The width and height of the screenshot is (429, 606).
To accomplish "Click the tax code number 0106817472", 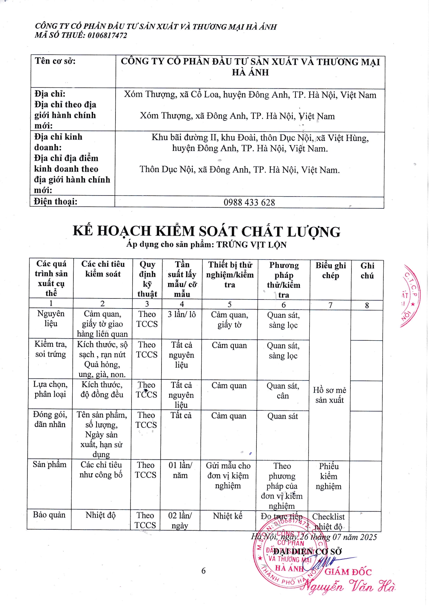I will (x=107, y=35).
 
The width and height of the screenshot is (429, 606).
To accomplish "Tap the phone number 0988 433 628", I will (x=249, y=202).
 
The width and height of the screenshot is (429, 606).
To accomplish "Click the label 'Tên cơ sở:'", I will (x=55, y=61).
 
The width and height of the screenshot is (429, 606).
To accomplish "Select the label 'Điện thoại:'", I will (x=56, y=201).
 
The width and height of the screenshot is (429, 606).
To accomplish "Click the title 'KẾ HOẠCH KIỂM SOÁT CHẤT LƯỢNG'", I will (x=207, y=231).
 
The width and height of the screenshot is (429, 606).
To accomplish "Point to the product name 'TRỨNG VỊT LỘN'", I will (x=252, y=245).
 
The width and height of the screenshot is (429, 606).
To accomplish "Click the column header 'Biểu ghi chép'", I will (x=330, y=271).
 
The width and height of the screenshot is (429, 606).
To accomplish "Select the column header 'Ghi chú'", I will (x=367, y=271).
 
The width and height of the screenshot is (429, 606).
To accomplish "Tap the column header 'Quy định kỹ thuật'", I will (x=147, y=279).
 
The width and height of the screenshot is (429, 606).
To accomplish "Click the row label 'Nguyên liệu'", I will (x=51, y=319).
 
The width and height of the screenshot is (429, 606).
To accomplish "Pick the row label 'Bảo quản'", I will (x=49, y=515).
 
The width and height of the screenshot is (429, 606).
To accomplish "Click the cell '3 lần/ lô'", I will (x=182, y=314).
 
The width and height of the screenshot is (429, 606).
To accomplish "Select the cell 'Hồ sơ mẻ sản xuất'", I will (x=329, y=395).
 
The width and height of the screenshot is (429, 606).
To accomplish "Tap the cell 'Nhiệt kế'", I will (x=228, y=516).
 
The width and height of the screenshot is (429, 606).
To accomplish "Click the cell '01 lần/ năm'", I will (x=180, y=470).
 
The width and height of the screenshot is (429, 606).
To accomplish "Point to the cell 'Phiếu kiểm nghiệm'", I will (x=328, y=476).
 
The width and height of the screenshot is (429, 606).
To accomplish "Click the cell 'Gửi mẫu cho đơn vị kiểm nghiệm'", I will (x=228, y=475).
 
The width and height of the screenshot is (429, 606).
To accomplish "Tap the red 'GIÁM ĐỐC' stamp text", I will (x=348, y=572).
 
